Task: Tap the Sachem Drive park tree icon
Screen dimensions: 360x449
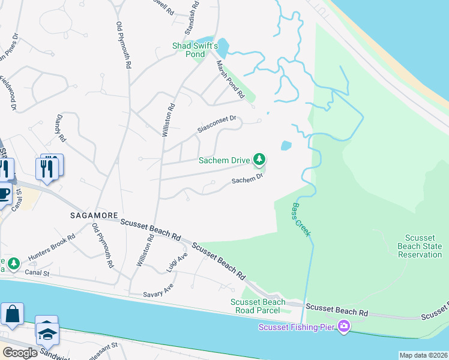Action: [x=259, y=160]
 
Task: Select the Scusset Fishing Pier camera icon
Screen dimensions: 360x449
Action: [x=344, y=327]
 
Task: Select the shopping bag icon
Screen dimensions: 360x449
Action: [x=12, y=314]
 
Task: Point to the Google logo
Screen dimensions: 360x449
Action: [x=19, y=353]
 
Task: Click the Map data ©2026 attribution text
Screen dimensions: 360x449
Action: [x=423, y=355]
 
